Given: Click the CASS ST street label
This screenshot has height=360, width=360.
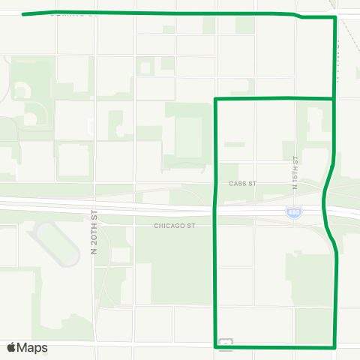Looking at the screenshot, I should point(243,182).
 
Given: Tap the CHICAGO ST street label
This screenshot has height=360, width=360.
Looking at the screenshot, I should point(174,225).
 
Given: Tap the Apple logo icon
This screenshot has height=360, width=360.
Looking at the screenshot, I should point(11,347).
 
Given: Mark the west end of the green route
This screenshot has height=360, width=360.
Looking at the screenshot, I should point(24,13).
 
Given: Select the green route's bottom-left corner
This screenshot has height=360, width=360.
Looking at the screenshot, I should point(217,346).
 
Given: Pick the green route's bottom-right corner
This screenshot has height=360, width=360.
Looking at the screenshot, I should point(334,346).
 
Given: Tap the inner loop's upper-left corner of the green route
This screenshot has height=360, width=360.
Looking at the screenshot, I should point(216,99).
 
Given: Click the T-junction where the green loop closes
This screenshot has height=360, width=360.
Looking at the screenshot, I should point(333,98).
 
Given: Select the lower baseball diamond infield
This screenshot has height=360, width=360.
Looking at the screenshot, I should point(30,118).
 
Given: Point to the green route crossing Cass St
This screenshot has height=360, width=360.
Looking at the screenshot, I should point(216,182).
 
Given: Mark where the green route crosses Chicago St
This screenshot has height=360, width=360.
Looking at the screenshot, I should point(217,225).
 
